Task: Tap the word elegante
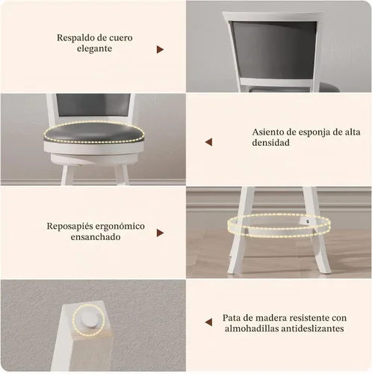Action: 94,49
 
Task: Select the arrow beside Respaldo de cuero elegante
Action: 160,49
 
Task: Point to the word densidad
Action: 271,143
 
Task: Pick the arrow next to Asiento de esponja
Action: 208,142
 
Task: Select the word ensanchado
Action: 96,237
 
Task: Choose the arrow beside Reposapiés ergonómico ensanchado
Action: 160,233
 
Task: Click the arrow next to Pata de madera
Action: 208,322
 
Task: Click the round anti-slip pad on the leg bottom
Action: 89,320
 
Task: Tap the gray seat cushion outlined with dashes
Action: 94,132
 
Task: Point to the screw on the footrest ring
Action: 308,221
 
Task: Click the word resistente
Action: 308,318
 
